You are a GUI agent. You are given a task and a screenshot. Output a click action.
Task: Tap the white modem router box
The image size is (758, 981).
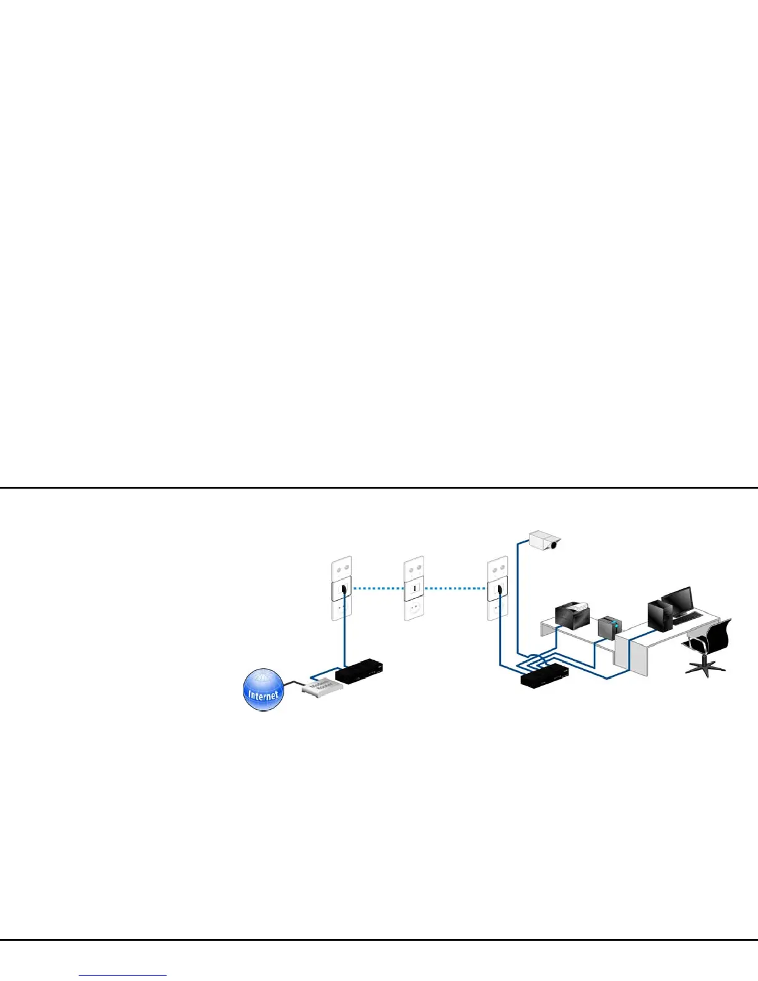(x=321, y=686)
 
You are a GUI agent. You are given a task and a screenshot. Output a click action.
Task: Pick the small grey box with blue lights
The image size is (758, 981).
(x=608, y=627)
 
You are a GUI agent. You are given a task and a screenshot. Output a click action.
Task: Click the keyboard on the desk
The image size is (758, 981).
(x=688, y=617)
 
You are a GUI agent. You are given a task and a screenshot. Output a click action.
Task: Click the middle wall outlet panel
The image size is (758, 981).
(x=414, y=588)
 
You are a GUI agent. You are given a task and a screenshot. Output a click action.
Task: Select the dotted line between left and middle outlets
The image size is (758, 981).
(x=378, y=588)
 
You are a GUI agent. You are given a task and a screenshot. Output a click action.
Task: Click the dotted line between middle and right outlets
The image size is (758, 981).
(x=456, y=588)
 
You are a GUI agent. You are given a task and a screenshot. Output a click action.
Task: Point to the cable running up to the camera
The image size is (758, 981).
(x=517, y=595)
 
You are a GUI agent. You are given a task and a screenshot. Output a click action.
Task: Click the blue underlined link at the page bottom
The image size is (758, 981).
(x=123, y=976)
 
